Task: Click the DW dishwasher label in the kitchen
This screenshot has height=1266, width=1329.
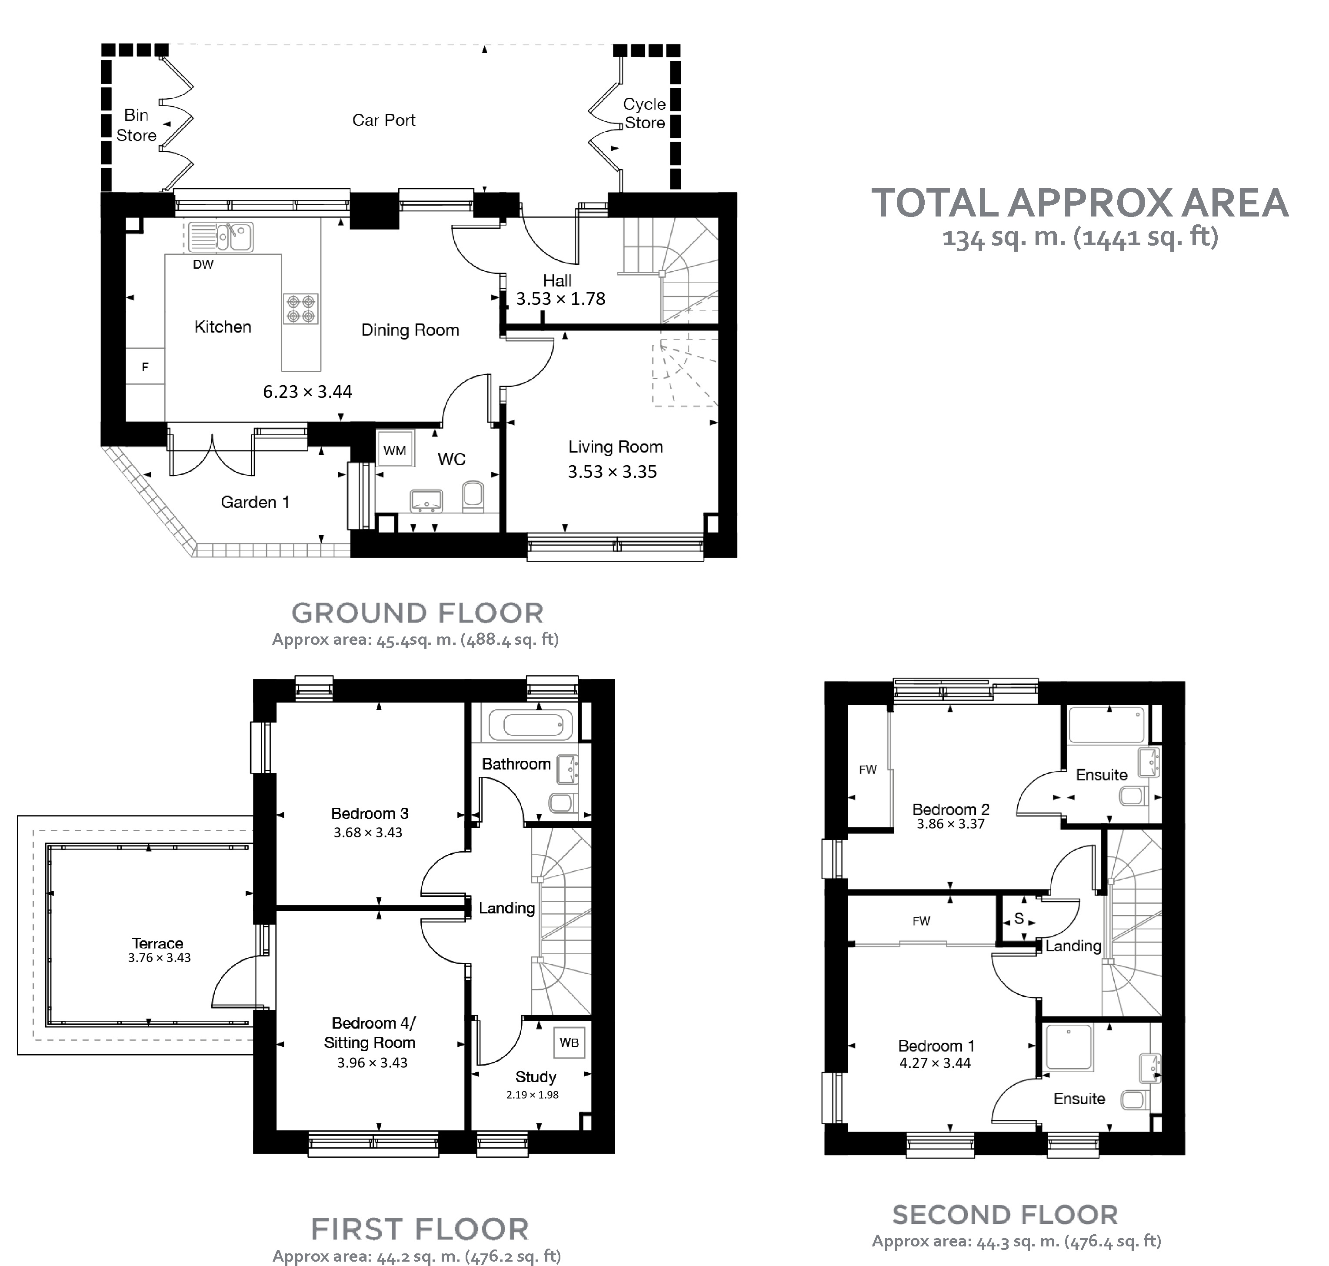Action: (x=203, y=264)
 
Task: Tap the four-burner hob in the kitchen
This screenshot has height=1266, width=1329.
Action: (x=301, y=308)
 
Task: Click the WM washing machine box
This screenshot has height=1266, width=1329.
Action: (x=395, y=450)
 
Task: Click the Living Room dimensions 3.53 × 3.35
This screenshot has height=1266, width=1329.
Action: (x=612, y=472)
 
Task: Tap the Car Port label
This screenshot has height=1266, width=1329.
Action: (x=383, y=120)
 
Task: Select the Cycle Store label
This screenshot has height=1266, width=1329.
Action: (x=644, y=113)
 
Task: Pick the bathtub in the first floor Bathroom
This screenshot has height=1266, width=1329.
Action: (x=531, y=726)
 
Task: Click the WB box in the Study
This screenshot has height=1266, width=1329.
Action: (x=569, y=1043)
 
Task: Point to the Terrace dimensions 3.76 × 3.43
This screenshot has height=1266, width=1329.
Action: (x=159, y=958)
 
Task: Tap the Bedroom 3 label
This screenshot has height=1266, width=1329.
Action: (x=369, y=813)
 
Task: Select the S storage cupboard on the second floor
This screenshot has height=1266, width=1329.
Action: (x=1019, y=919)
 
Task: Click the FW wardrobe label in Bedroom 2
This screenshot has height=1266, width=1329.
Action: (x=867, y=770)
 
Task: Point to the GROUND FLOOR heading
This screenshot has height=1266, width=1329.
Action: (x=417, y=613)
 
